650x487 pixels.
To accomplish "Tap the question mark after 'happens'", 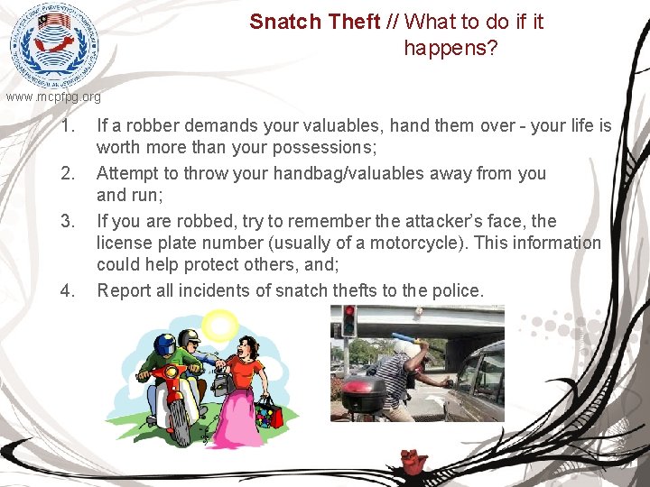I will tap(492, 48).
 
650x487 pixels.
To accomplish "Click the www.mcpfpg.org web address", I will tap(53, 96).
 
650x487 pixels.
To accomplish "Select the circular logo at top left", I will tap(52, 45).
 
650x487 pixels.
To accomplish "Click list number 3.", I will tap(67, 222).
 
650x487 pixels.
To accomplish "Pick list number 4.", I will tap(67, 290).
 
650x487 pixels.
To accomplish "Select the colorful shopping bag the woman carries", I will tap(269, 414).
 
